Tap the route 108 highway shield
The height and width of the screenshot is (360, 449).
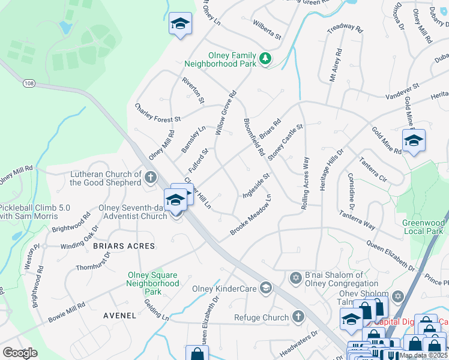click(x=29, y=83)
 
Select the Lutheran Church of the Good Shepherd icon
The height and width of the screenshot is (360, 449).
click(x=150, y=177)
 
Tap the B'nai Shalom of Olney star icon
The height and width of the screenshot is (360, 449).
click(x=295, y=278)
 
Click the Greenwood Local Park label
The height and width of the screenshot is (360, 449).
click(x=423, y=227)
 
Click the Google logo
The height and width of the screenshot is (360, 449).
click(x=20, y=353)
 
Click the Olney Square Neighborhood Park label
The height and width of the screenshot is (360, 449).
click(x=153, y=283)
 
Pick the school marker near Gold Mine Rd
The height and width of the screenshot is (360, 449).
click(x=414, y=141)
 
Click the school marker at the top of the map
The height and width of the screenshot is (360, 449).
click(x=180, y=25)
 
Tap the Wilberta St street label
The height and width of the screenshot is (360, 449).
click(x=267, y=32)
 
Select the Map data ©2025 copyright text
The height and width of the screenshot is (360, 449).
click(x=423, y=355)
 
